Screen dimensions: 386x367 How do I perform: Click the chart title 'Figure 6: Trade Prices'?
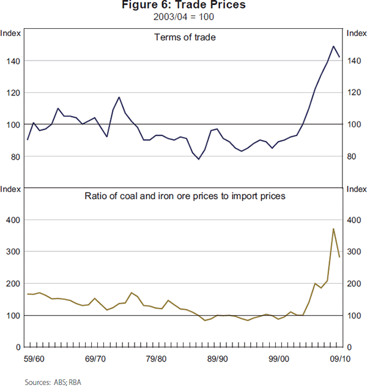(183, 6)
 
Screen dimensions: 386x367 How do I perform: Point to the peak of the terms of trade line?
(333, 46)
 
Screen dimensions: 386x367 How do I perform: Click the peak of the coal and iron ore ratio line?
(333, 229)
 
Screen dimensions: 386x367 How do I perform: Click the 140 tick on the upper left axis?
(14, 61)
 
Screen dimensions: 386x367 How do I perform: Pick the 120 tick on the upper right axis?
(354, 93)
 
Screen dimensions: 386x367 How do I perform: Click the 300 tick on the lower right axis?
(354, 252)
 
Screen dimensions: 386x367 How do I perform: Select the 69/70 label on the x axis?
(95, 358)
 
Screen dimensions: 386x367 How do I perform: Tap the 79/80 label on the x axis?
(157, 358)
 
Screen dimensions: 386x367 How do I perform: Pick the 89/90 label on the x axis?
(217, 358)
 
